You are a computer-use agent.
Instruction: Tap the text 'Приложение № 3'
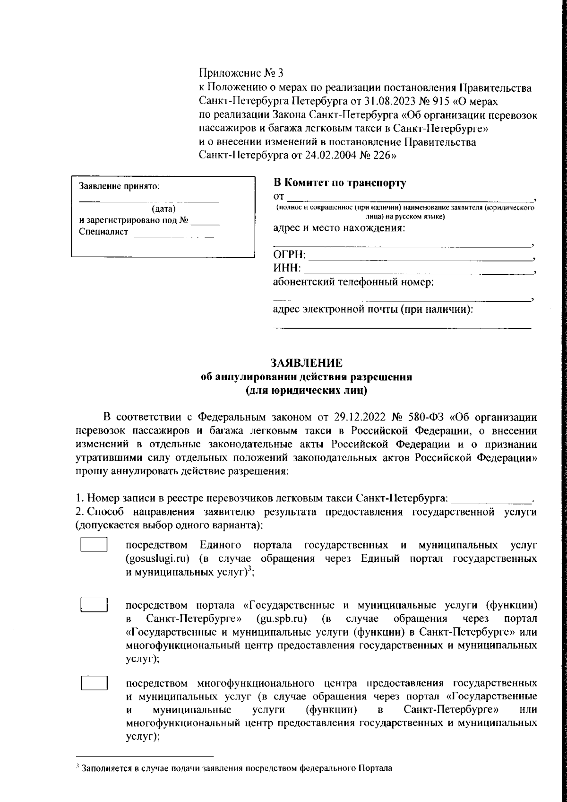[x=242, y=73]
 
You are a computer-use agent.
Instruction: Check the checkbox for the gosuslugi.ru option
[x=94, y=545]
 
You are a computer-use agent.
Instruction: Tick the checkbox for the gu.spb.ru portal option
[x=94, y=605]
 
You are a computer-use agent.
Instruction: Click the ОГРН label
[x=290, y=255]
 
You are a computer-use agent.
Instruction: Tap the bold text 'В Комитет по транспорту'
[x=340, y=183]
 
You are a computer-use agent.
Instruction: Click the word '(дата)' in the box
[x=163, y=209]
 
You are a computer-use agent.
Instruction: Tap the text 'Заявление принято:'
[x=119, y=187]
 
